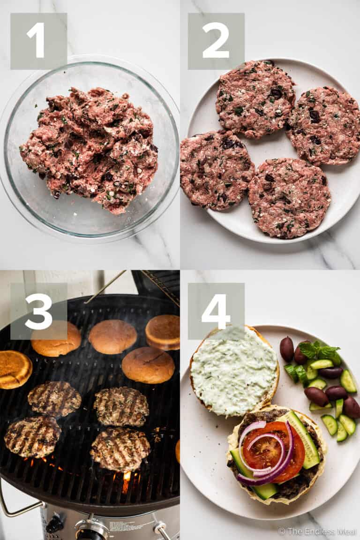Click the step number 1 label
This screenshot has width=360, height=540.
pos(38,41)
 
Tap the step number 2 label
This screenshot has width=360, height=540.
pos(216,41)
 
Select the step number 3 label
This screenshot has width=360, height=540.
pos(38,311)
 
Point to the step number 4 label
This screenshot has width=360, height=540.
pos(216,311)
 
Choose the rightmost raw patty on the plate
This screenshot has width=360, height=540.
pos(324,125)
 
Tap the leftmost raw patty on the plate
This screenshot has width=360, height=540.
pos(217,169)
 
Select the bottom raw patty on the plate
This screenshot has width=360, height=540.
pos(289,198)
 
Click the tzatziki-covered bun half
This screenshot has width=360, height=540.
pos(234,371)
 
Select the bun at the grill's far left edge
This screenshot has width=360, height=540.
pos(14,369)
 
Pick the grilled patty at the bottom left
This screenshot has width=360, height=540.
pos(32,436)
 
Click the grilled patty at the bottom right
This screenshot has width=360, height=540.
pos(120,449)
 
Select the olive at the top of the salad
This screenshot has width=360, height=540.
pos(286,349)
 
